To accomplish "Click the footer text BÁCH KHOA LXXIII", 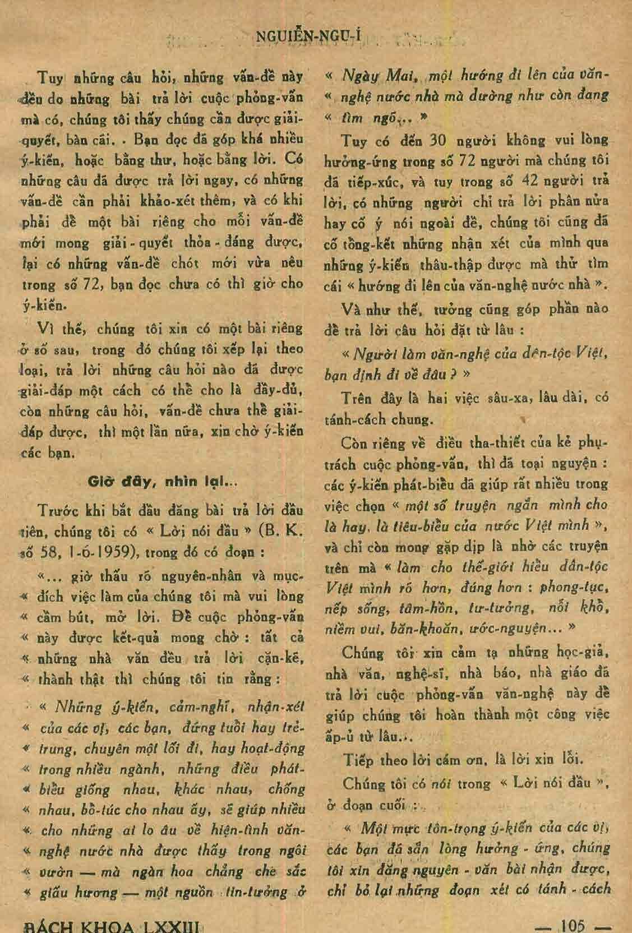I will pyautogui.click(x=110, y=925).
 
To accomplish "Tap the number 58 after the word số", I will pyautogui.click(x=43, y=552).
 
